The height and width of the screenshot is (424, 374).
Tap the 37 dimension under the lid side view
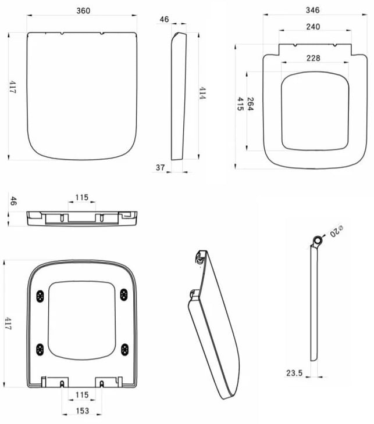[161, 167]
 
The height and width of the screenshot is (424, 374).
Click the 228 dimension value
[314, 58]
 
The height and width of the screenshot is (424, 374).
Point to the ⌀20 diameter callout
[336, 232]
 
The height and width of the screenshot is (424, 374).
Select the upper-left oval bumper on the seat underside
[40, 295]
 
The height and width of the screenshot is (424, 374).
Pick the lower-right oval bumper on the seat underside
[124, 349]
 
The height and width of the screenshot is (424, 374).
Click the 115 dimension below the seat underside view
[82, 395]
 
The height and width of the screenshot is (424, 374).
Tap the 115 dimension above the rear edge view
[81, 197]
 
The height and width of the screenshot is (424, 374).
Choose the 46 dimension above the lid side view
[164, 19]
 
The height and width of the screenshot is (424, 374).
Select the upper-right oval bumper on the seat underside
[124, 295]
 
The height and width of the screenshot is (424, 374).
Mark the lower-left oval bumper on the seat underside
[40, 349]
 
